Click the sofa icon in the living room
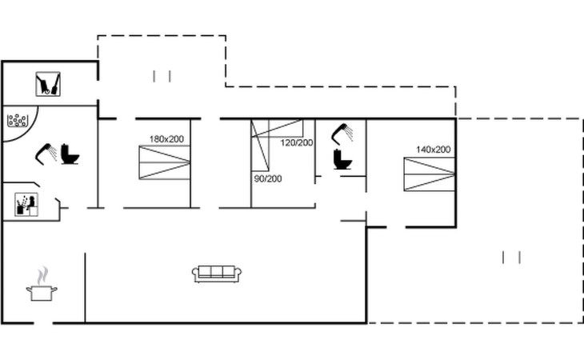pos(217,274)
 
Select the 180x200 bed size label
pos(166,139)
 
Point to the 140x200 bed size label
pos(433,150)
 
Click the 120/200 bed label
pos(297,143)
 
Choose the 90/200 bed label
pos(268,178)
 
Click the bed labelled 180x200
pos(164,162)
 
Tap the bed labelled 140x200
pos(430,174)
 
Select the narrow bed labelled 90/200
pos(260,146)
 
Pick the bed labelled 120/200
pos(277,129)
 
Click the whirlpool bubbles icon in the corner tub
pos(17,120)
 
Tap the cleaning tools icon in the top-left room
pos(48,84)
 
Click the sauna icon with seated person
pos(26,204)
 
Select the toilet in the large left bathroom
pos(70,154)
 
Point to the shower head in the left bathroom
pos(46,154)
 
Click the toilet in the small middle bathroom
pos(342,159)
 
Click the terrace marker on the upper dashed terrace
pos(162,76)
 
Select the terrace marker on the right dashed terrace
pos(511,258)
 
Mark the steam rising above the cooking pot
pos(43,275)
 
